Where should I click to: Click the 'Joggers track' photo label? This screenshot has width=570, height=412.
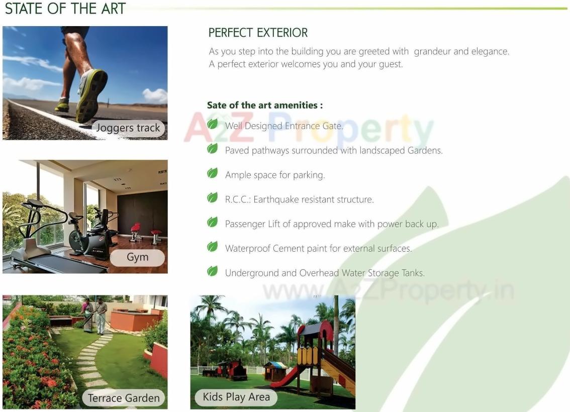coord(128,128)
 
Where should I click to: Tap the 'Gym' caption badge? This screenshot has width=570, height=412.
coord(137,257)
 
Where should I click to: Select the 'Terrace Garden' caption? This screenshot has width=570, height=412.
coord(124,398)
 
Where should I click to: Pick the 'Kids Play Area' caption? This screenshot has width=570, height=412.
coord(236,397)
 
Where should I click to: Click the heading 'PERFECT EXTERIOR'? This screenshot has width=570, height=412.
coord(258,33)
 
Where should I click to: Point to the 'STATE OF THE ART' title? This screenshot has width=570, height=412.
coord(65,9)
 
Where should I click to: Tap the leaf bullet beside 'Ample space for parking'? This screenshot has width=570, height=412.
coord(213,173)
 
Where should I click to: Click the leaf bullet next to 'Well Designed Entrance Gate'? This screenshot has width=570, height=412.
coord(213,124)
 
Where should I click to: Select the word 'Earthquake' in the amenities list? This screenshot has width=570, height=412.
coord(276,199)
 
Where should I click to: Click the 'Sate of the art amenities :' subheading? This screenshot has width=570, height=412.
coord(264,105)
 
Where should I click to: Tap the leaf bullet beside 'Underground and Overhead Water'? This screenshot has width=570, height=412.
coord(213,271)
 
